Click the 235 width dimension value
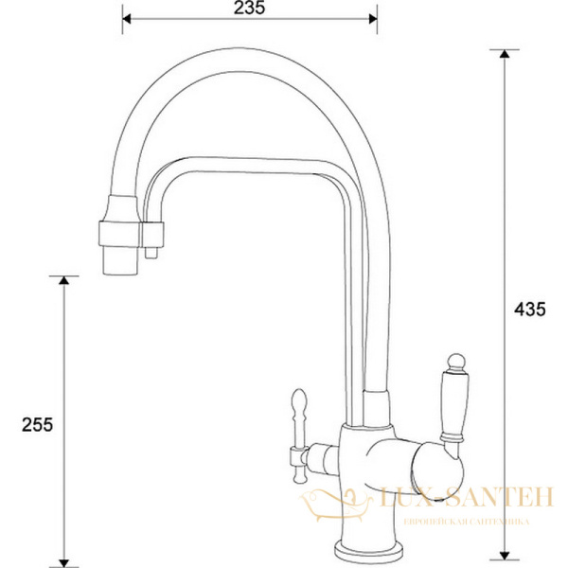[250, 8]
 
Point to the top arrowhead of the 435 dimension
[504, 55]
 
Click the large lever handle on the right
[452, 402]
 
